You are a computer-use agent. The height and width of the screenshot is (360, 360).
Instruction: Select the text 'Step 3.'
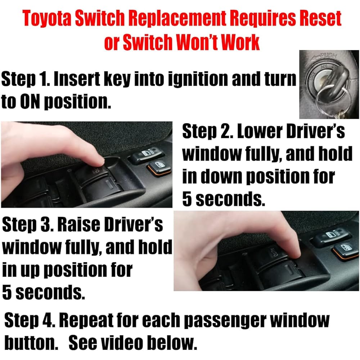coord(27,225)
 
